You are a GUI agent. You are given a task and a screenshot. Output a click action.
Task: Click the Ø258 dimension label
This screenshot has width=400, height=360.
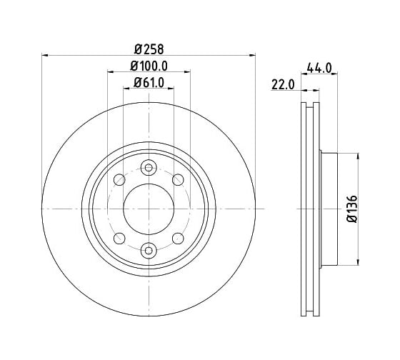click(149, 49)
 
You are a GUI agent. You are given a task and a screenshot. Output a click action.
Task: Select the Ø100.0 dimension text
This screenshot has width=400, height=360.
click(149, 66)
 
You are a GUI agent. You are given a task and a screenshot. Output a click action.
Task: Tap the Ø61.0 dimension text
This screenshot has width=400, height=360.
click(149, 83)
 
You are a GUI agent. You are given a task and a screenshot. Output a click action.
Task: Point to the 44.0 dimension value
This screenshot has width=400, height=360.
click(319, 68)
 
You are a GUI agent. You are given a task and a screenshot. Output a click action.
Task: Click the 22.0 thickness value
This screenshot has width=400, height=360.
click(283, 85)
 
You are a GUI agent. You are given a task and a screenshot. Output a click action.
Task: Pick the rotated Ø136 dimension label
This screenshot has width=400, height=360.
click(352, 209)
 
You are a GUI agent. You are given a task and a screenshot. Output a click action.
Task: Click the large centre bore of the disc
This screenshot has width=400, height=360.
click(149, 209)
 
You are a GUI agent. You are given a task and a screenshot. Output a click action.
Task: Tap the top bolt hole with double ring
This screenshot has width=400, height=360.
click(149, 168)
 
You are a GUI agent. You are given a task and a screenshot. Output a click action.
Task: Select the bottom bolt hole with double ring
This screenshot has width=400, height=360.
click(149, 250)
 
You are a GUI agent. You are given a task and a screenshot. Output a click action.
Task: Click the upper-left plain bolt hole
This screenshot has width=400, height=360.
click(119, 179)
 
